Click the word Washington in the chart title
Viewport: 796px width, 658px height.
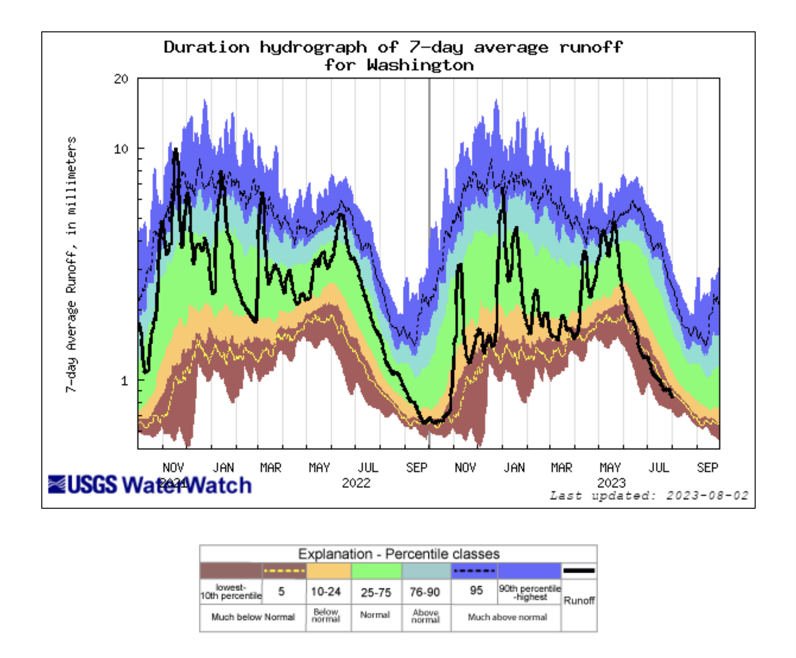420,65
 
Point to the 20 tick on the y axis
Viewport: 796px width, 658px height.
121,79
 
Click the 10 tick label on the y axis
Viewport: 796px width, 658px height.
121,149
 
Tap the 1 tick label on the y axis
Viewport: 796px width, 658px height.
124,381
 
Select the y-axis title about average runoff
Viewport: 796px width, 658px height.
71,264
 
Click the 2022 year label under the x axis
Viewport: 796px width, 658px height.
356,483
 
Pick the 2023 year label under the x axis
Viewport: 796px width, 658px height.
611,483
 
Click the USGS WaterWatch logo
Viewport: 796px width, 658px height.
150,485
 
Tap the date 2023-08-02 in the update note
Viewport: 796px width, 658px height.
707,496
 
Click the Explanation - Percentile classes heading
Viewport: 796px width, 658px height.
398,554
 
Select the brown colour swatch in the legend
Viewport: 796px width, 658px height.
231,571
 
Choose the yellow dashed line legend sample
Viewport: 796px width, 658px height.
284,571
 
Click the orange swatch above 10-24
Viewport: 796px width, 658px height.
329,571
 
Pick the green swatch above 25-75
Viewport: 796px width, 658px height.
376,571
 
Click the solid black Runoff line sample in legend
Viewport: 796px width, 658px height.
578,571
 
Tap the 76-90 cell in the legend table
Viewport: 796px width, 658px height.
425,592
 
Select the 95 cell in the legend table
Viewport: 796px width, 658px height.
476,590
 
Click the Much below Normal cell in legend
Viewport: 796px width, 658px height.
253,617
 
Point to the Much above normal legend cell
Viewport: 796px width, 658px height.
507,617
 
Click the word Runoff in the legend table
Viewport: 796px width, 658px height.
579,600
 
